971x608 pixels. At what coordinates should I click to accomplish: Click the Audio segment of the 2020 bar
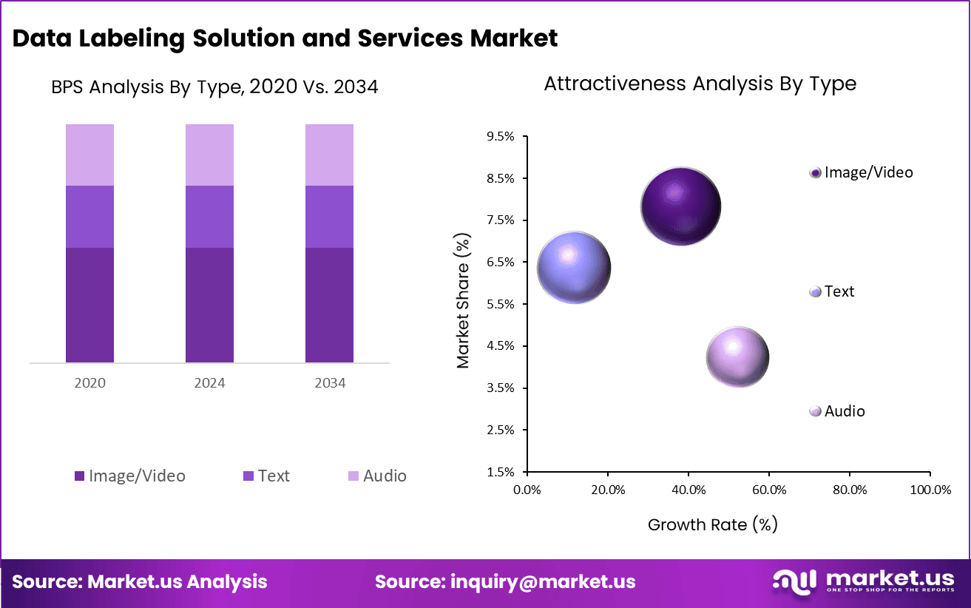coord(89,155)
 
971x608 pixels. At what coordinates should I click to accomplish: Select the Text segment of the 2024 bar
coord(209,216)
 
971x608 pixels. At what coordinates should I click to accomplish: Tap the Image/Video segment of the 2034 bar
coord(329,305)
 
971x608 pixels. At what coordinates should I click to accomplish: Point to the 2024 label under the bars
coord(209,383)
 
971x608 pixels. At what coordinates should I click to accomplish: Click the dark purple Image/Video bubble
coord(680,206)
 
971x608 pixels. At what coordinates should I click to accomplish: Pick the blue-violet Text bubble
coord(573,268)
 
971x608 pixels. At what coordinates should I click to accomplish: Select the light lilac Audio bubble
coord(737,357)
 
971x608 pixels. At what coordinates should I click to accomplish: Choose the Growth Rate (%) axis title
coord(712,524)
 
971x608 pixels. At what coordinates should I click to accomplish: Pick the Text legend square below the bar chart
coord(248,476)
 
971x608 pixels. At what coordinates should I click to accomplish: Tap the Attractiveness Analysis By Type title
coord(700,84)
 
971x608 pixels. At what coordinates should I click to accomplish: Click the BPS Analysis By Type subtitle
coord(214,87)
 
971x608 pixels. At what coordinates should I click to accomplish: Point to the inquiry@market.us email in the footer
coord(542,581)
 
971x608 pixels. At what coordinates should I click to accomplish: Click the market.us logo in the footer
coord(863,581)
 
